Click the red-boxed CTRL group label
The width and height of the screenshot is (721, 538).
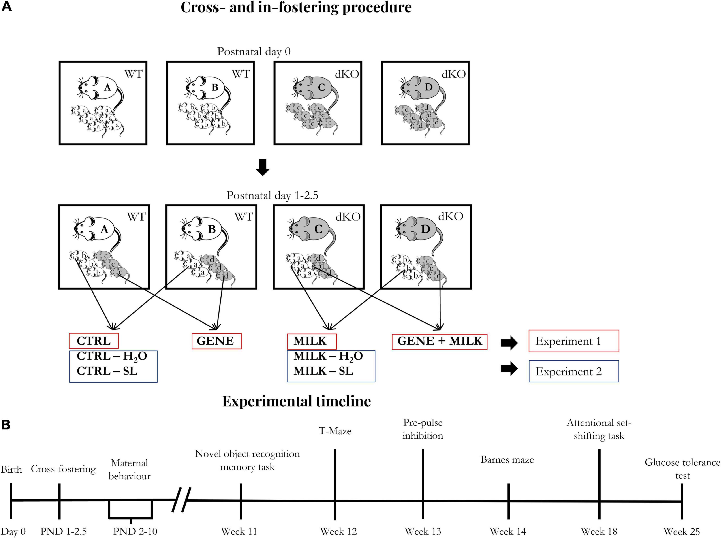(x=94, y=341)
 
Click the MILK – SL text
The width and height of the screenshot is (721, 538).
(x=323, y=371)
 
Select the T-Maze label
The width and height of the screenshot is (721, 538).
(x=335, y=431)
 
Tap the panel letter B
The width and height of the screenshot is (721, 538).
(x=6, y=425)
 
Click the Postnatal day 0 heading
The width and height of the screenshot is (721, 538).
(x=254, y=51)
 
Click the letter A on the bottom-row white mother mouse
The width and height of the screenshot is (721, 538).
(x=104, y=230)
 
